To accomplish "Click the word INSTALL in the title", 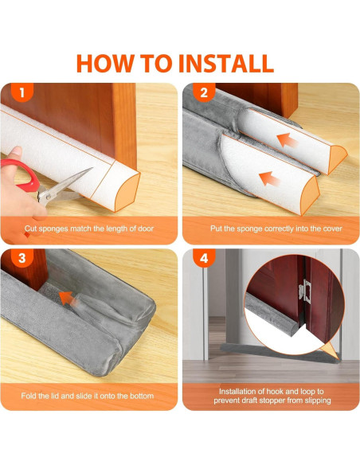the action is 226,63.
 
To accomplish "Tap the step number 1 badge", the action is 22,92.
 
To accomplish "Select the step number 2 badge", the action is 204,92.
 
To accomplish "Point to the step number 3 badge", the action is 22,258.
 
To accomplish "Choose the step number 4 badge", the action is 204,258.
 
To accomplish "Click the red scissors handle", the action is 20,175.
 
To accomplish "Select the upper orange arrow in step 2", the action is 287,140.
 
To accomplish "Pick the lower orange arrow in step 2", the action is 269,179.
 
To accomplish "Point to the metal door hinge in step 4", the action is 305,291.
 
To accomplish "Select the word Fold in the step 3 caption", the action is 29,396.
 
